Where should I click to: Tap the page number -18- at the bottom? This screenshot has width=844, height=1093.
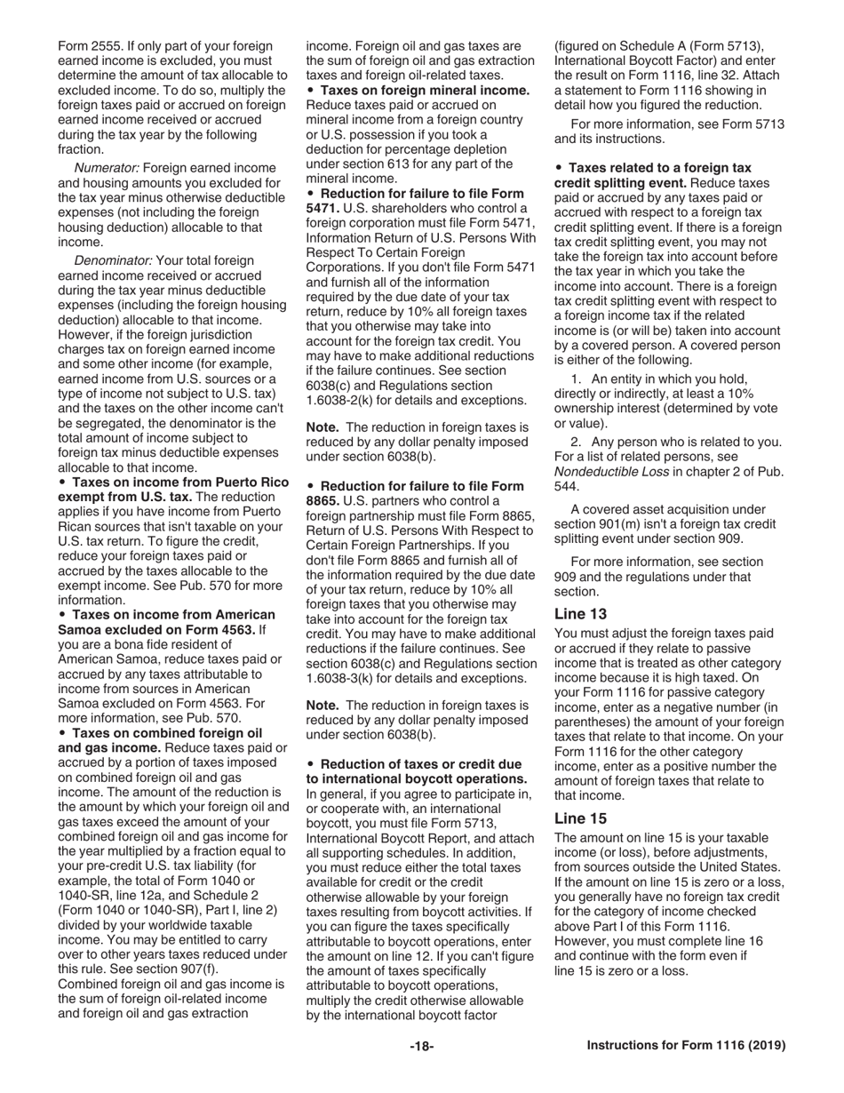[x=422, y=1046]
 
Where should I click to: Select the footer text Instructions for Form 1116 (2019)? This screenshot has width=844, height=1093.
[x=686, y=1046]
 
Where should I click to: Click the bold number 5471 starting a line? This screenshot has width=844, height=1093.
[x=322, y=208]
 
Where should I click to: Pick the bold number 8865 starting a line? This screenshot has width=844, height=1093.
[x=322, y=501]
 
